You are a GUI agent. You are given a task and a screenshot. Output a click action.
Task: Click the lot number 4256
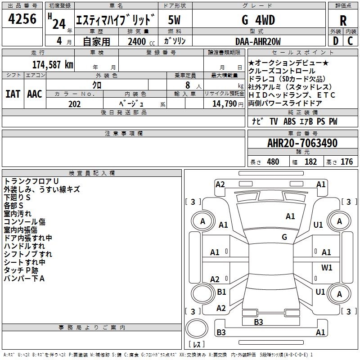(x=22, y=19)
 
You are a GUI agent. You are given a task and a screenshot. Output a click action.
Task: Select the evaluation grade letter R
(x=343, y=21)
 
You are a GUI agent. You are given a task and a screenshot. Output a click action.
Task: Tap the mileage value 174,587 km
(x=53, y=64)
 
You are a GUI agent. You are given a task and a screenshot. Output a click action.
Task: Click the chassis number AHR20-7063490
(x=302, y=144)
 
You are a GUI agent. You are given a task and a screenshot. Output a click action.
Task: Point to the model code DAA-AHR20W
(x=258, y=42)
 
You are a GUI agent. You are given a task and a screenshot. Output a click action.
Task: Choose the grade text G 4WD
(x=258, y=20)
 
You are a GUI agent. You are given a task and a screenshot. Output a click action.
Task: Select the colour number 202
(x=75, y=104)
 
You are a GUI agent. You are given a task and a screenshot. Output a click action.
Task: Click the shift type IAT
(x=13, y=94)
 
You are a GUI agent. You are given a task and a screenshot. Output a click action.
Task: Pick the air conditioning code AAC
(x=35, y=94)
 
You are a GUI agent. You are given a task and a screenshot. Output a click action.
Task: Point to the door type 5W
(x=174, y=20)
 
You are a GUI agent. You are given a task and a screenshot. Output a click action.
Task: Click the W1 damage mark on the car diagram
(x=327, y=267)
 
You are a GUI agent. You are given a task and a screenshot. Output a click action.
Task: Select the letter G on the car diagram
(x=284, y=237)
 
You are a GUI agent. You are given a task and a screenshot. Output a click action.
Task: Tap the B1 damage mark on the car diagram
(x=221, y=292)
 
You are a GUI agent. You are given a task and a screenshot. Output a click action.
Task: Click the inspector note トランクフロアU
(x=31, y=181)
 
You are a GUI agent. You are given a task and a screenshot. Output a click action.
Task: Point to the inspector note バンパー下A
(x=24, y=278)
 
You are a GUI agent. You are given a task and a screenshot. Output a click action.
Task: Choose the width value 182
(x=311, y=162)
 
